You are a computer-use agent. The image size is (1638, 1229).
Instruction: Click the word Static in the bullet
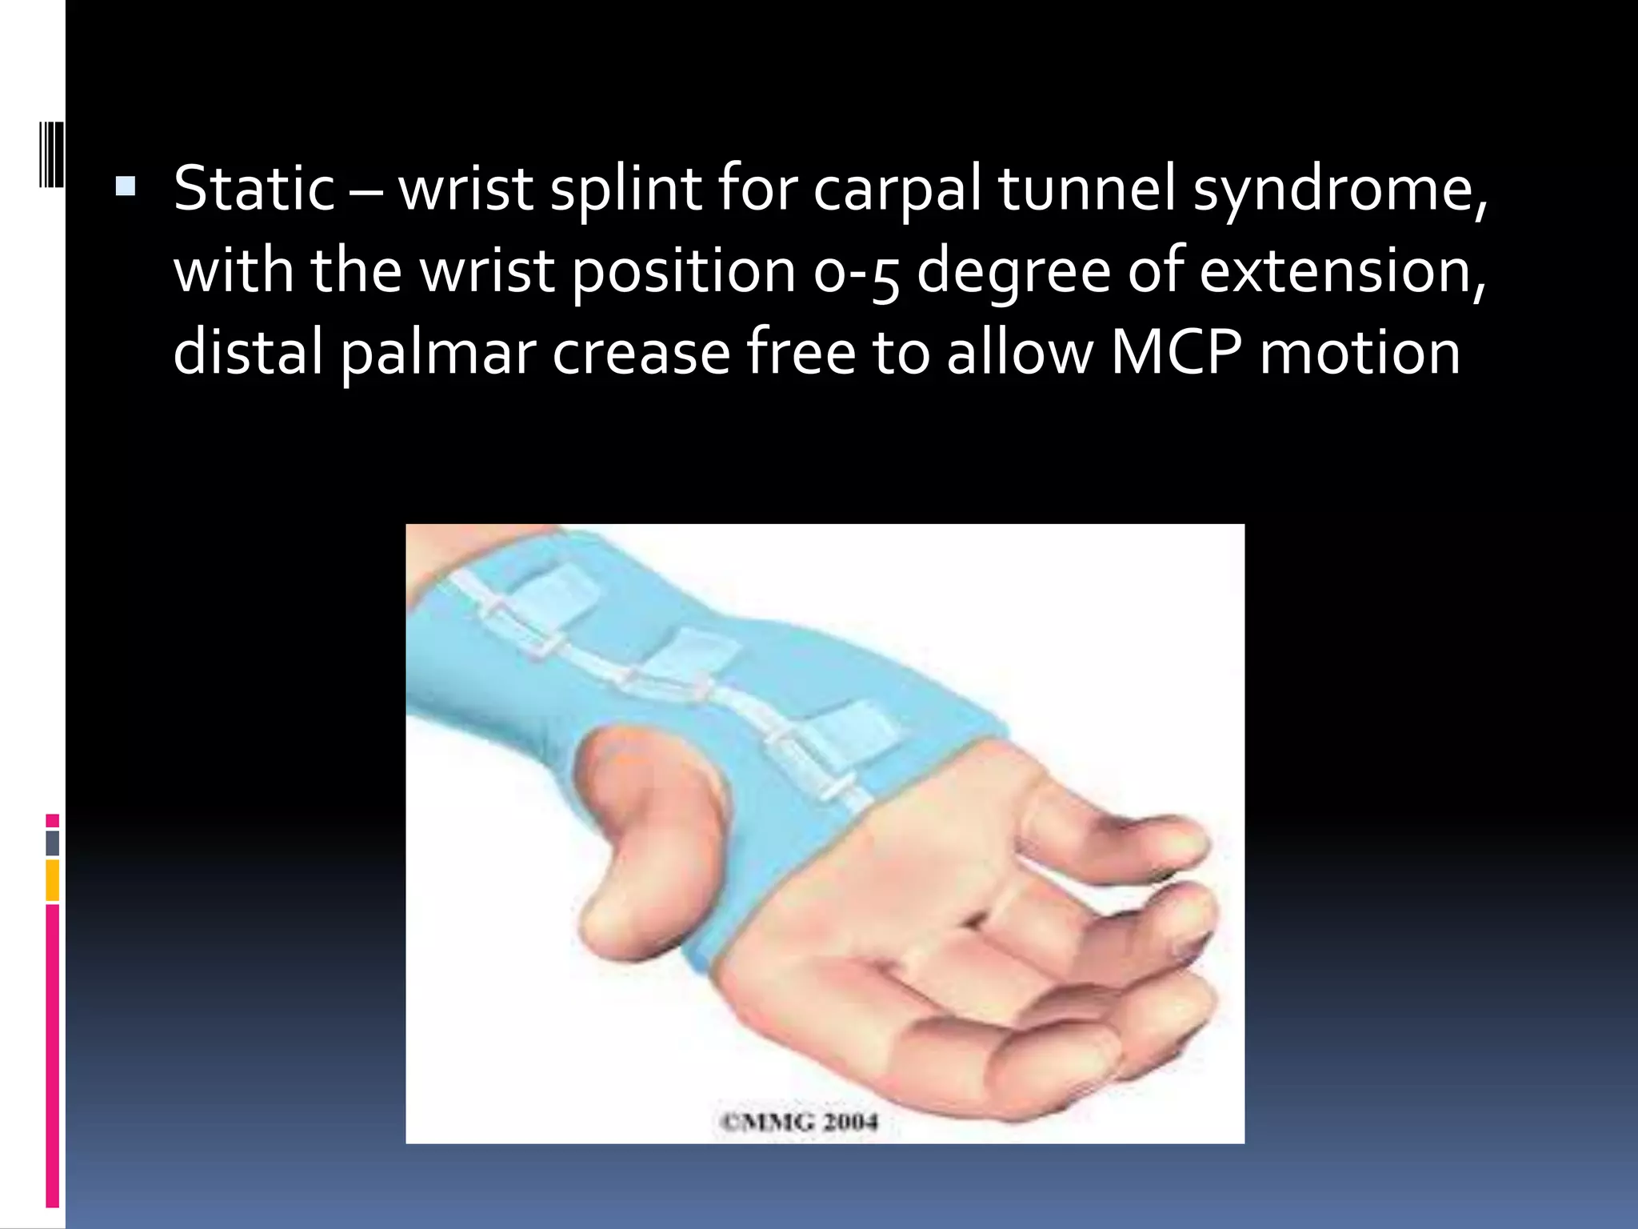pyautogui.click(x=254, y=189)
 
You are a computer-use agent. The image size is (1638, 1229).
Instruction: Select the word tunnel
pyautogui.click(x=1086, y=189)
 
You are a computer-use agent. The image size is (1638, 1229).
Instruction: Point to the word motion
pyautogui.click(x=1360, y=352)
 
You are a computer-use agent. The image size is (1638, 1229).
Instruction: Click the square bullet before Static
pyautogui.click(x=126, y=187)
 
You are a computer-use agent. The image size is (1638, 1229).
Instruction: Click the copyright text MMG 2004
pyautogui.click(x=799, y=1122)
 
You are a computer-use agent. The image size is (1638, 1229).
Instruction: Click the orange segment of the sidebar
pyautogui.click(x=53, y=880)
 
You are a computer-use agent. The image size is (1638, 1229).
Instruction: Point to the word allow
pyautogui.click(x=1020, y=352)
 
